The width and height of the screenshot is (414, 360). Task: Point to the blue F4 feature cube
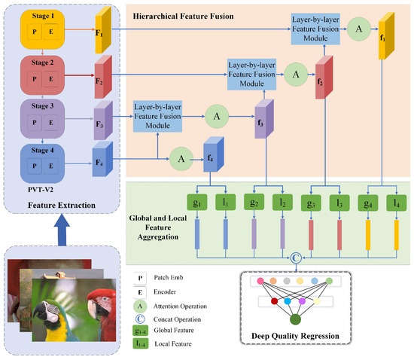(102, 160)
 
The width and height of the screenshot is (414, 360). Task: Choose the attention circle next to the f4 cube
(180, 158)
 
